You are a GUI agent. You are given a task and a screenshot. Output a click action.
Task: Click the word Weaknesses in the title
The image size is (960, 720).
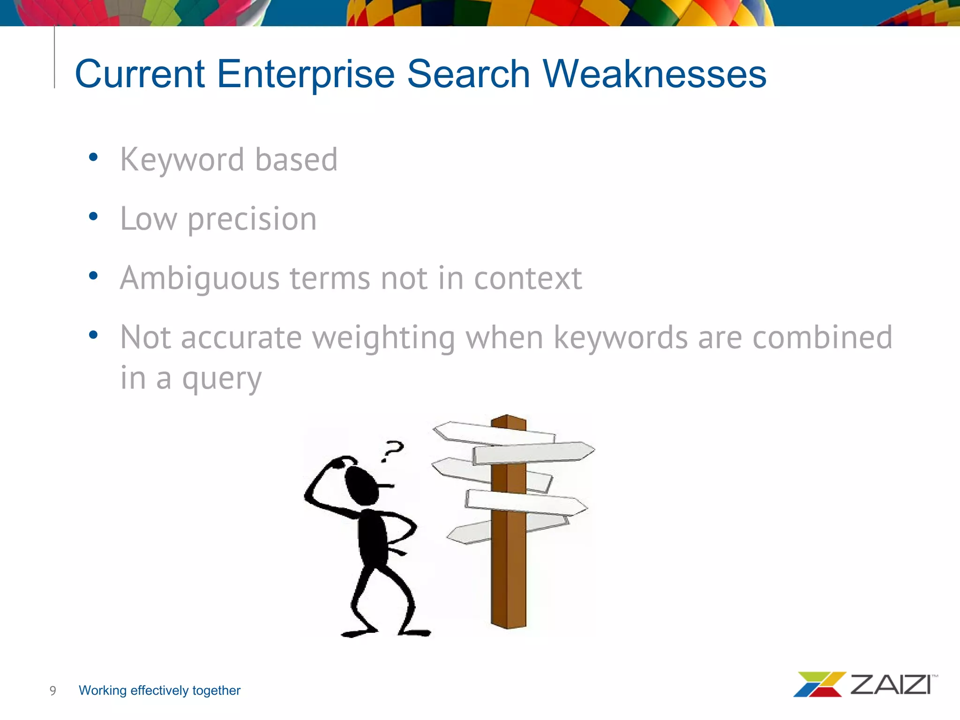(x=654, y=74)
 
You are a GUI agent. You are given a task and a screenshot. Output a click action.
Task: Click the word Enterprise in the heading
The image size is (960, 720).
(x=306, y=74)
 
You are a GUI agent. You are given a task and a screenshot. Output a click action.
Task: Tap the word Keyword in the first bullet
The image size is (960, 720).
(x=182, y=160)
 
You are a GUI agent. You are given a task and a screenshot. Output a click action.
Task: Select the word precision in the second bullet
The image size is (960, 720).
(x=252, y=219)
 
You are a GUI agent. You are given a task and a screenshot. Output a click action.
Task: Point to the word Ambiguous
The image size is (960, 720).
(x=199, y=278)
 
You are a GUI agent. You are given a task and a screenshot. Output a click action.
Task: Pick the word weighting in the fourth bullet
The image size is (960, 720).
(x=383, y=338)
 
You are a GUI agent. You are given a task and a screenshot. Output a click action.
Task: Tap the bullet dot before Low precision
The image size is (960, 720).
(x=93, y=217)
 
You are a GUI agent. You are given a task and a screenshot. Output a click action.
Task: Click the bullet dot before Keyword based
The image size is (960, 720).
(x=93, y=157)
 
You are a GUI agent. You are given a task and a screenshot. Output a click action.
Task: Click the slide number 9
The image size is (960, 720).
(x=53, y=690)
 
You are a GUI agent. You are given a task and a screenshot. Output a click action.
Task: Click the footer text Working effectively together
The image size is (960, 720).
(x=159, y=690)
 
